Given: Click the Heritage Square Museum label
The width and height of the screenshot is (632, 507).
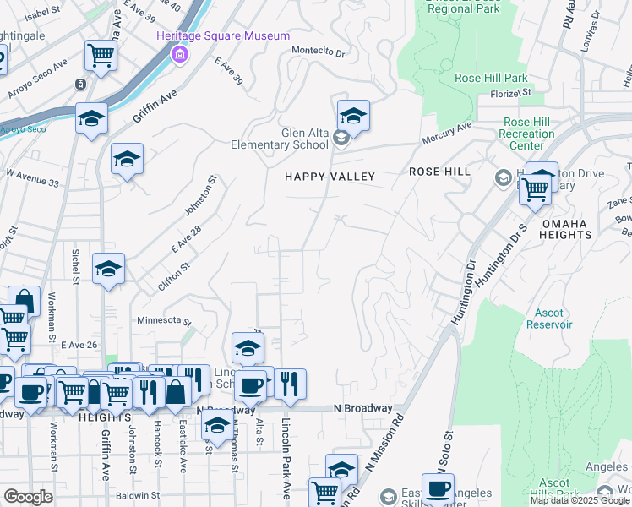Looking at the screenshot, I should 223,36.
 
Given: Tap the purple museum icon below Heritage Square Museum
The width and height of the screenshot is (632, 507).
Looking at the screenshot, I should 178,56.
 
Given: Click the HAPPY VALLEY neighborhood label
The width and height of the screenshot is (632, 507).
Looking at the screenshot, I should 329,176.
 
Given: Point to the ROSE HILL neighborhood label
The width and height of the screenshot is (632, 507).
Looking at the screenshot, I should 439,172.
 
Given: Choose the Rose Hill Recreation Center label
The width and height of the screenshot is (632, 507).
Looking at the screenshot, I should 527,134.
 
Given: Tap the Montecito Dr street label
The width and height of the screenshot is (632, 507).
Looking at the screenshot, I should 319,52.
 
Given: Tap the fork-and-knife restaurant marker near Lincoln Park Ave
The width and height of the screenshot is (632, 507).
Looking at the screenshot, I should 290,383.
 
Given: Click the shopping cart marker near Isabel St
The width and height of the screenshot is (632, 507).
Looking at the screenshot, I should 101,56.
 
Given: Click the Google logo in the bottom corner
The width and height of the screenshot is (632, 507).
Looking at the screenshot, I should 28,497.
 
